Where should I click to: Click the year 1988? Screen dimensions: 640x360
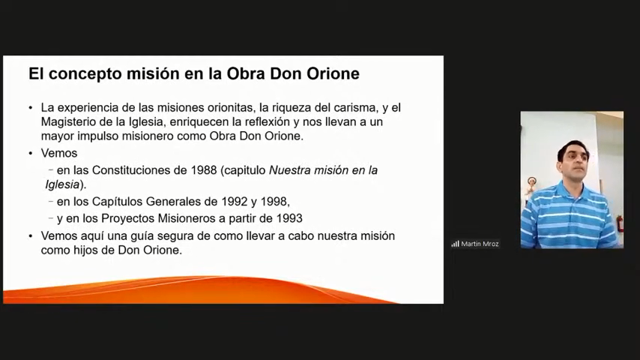(204, 170)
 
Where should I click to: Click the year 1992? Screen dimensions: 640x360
(235, 202)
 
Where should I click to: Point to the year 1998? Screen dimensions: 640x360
(275, 202)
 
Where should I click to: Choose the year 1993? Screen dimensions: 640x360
(289, 218)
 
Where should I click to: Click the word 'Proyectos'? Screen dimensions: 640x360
(127, 218)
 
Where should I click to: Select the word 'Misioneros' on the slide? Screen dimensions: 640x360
(187, 218)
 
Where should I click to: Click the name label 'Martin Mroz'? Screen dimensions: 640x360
(480, 244)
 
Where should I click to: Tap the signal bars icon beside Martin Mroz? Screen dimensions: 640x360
(455, 244)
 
